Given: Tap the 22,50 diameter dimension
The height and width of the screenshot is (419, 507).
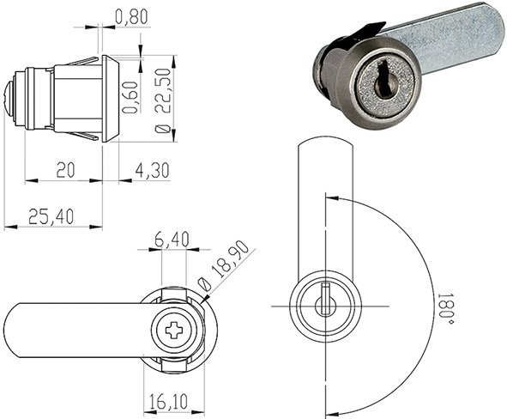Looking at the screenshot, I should (160, 87).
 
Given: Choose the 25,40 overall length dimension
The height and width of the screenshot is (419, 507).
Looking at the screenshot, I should (51, 218).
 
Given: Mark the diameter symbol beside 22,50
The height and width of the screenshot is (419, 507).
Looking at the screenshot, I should (160, 129).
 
